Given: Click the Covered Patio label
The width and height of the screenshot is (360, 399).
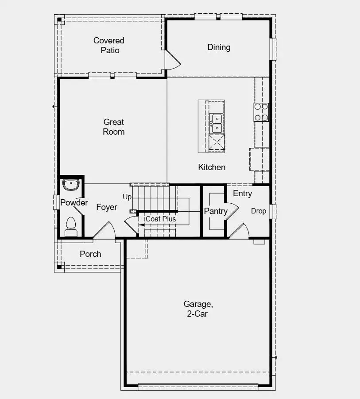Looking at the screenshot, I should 109,45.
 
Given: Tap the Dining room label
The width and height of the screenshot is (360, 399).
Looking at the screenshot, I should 219,47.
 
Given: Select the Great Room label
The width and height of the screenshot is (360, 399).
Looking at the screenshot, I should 114,127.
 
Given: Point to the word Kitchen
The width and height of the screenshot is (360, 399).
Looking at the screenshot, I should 212,167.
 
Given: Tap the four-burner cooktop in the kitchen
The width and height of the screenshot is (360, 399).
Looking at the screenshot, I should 261,112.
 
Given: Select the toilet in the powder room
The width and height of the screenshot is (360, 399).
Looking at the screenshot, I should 71,227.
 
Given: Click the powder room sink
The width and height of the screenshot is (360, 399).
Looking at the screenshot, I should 70,185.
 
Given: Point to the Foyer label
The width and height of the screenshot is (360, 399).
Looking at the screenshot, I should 107,207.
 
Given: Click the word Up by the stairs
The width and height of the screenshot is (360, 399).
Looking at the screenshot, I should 127,197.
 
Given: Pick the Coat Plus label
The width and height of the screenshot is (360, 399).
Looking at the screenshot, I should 161,219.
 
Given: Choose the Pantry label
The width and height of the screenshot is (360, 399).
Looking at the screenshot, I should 216,211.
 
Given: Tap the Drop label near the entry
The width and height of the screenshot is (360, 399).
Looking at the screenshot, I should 259,211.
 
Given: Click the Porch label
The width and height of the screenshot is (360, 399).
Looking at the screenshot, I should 90,254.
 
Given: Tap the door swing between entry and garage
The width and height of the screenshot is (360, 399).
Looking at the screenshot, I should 239,231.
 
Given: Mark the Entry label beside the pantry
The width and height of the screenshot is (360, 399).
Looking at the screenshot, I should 242,194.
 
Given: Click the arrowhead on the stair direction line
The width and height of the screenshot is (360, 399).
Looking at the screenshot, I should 141,225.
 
